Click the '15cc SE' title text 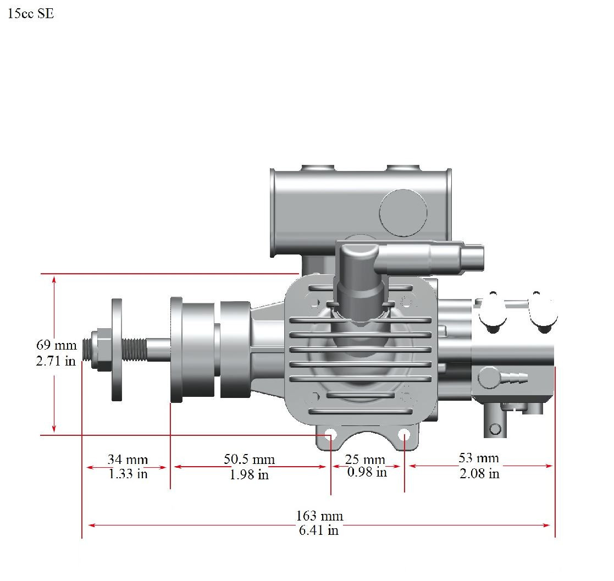[31, 14]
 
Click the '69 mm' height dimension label [56, 346]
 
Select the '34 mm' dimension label [128, 459]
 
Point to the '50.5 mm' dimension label [249, 459]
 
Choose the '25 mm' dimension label [365, 459]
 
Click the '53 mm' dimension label [479, 458]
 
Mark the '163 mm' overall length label [319, 516]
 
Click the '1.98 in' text [249, 474]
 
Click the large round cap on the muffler [403, 213]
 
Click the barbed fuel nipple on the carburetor [513, 378]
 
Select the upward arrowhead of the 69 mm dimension [54, 280]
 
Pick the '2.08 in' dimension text [479, 473]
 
